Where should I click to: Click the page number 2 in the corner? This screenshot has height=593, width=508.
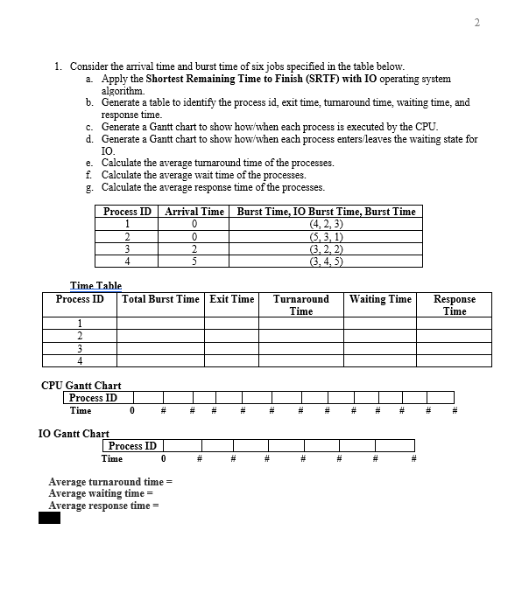point(477,23)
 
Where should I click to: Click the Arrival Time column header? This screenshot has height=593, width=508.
point(194,211)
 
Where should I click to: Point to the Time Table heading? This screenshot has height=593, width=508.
point(95,286)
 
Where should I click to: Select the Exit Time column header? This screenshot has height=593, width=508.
point(232,299)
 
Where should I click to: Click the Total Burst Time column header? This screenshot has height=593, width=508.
point(161,299)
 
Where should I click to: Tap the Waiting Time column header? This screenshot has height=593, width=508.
point(380,299)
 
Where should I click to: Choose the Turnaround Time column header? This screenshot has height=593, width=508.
point(301,304)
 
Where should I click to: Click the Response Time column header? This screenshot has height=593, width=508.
point(455,304)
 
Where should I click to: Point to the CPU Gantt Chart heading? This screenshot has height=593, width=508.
point(81,385)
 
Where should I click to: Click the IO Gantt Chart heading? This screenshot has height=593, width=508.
point(74,433)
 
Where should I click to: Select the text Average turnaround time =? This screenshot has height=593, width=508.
point(111,482)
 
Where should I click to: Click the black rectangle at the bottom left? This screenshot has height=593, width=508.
point(49,518)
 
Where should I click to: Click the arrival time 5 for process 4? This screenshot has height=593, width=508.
point(194,260)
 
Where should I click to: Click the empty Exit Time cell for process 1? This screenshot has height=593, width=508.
point(232,323)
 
